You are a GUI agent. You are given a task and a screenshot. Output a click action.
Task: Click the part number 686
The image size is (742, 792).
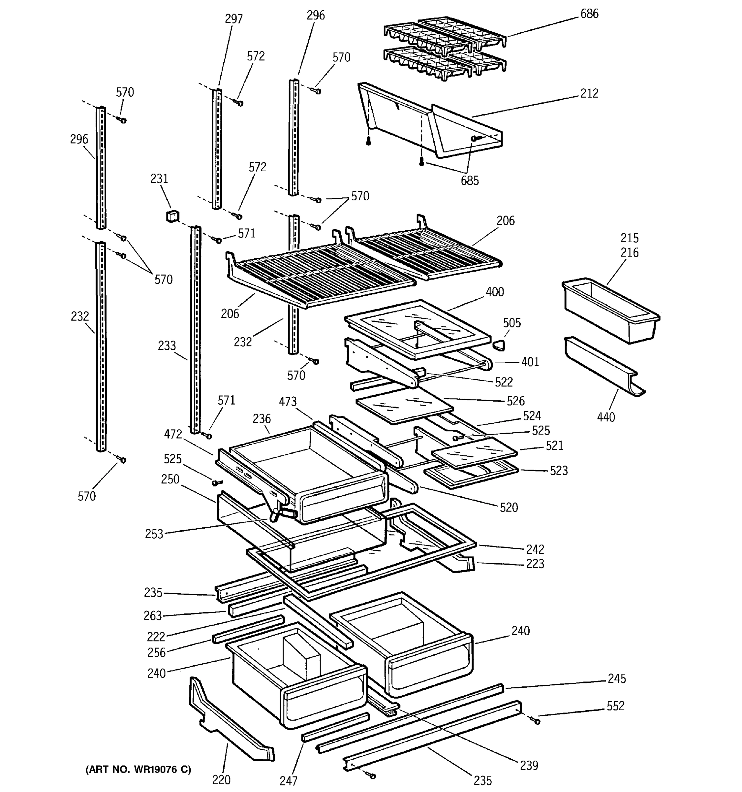[x=589, y=14]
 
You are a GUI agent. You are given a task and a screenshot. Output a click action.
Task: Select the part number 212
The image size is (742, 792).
[x=589, y=94]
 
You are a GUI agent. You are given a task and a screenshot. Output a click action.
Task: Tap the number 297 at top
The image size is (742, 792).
[x=234, y=19]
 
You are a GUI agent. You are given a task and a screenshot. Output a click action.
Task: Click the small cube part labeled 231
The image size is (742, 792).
[x=172, y=216]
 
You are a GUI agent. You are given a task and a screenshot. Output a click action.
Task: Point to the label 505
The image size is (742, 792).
[x=511, y=323]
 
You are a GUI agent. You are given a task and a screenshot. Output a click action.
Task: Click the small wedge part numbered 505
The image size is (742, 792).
[x=499, y=345]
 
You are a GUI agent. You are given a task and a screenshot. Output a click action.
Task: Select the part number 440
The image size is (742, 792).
[x=606, y=417]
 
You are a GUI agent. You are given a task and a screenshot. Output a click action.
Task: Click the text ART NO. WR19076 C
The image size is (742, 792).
[x=139, y=769]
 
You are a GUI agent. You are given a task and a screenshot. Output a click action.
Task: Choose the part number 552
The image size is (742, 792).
[x=615, y=706]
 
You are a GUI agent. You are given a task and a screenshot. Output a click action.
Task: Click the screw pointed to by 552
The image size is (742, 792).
[x=536, y=720]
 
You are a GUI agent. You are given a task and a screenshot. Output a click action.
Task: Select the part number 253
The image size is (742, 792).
[x=154, y=534]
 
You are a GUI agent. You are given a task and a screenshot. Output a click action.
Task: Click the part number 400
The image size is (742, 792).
[x=495, y=292]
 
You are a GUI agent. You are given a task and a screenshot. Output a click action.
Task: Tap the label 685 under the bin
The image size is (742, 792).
[x=470, y=181]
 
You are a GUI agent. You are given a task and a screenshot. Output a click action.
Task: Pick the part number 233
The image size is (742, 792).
[x=167, y=346]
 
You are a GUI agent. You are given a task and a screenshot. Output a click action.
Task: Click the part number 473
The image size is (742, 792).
[x=288, y=402]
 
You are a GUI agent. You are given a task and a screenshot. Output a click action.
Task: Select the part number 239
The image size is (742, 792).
[x=529, y=765]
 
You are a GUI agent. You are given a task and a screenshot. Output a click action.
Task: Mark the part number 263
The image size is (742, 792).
[x=153, y=616]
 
